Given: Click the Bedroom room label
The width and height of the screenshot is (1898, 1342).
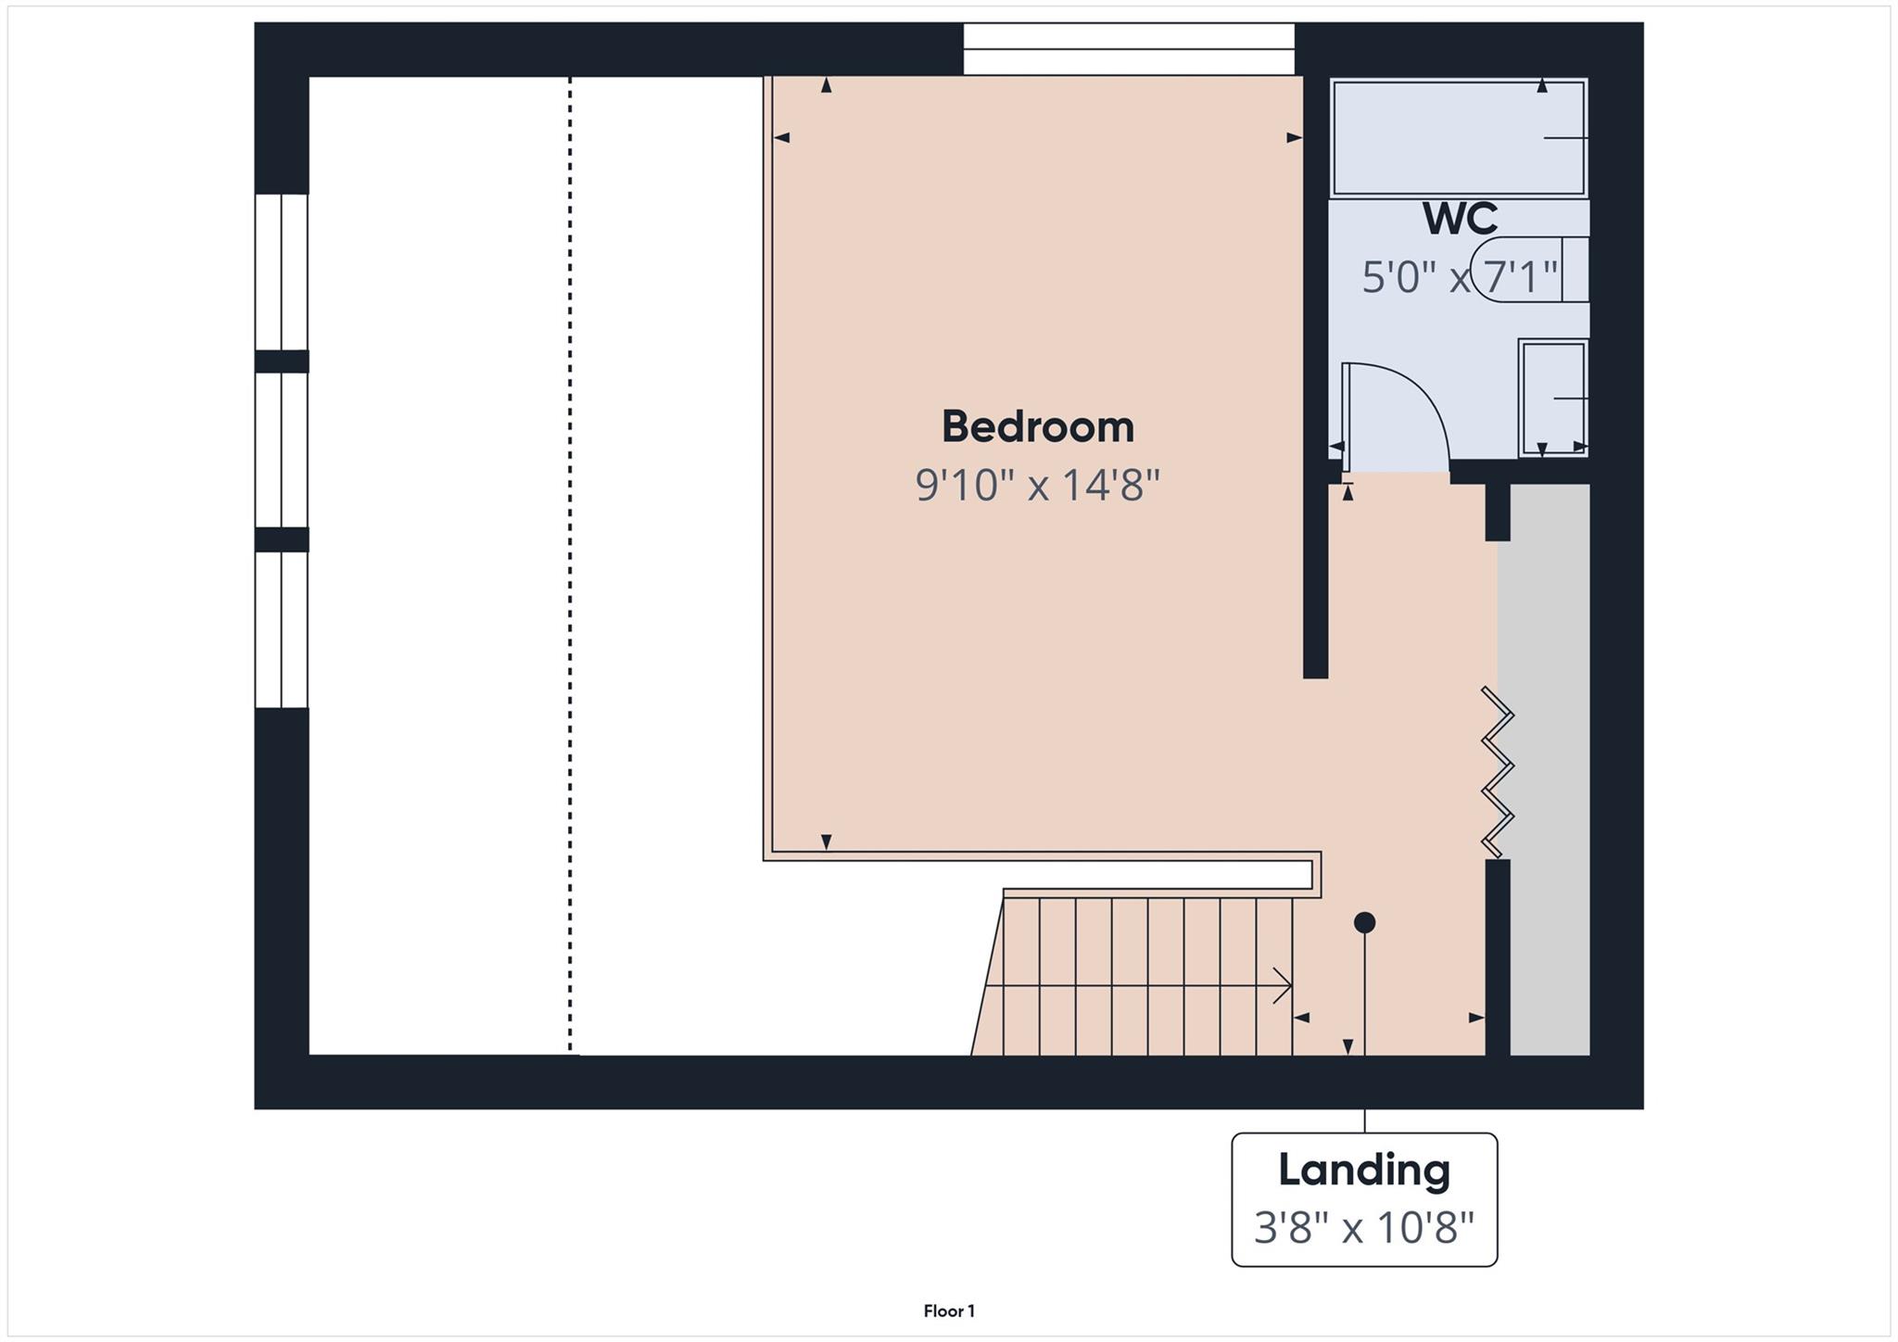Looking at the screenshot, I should [x=1037, y=427].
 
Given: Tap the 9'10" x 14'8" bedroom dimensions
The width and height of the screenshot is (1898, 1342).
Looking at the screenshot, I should [x=1037, y=485].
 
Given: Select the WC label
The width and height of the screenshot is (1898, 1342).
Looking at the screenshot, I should [x=1460, y=219].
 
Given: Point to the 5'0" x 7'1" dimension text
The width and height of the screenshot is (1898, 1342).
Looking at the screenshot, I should [x=1459, y=276].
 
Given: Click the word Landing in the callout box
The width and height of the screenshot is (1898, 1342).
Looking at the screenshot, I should [x=1363, y=1170].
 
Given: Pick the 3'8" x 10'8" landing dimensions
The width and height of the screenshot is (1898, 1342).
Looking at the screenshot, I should [x=1363, y=1229].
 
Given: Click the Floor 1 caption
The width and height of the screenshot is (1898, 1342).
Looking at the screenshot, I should [x=948, y=1310].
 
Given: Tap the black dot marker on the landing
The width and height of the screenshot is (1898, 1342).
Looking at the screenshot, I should [x=1364, y=923].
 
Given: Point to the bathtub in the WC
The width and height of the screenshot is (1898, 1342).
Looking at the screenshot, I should [x=1459, y=138].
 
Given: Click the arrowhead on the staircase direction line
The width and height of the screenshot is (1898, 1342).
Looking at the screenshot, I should [x=1284, y=985].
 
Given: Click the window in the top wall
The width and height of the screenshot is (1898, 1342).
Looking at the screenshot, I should [x=1128, y=49].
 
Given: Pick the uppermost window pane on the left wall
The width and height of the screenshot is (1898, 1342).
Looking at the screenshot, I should [x=281, y=272].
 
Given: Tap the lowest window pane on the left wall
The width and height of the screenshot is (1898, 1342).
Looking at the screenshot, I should [x=281, y=629].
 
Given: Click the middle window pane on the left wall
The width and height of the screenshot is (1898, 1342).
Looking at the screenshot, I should [x=281, y=449].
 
